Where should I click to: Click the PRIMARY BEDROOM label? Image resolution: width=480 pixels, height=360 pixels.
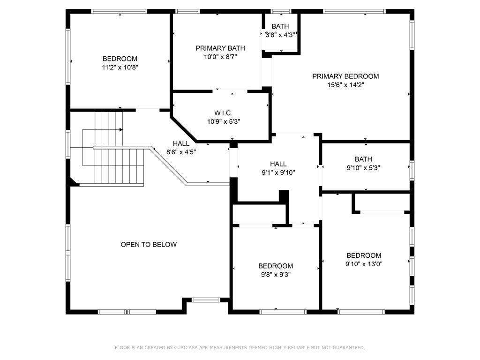(345, 76)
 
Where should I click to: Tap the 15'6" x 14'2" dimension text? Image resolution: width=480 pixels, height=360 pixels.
(345, 85)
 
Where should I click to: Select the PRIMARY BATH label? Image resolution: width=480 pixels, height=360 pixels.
(220, 48)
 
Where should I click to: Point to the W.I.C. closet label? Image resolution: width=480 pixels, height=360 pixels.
(223, 113)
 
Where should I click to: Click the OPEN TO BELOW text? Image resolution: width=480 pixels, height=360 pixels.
(149, 244)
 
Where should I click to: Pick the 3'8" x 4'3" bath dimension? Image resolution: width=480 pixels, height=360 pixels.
(280, 35)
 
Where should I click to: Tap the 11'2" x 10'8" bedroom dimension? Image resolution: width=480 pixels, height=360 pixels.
(120, 67)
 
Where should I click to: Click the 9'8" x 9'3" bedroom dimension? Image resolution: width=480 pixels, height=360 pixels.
(276, 275)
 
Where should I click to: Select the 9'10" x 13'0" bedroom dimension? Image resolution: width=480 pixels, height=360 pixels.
(364, 264)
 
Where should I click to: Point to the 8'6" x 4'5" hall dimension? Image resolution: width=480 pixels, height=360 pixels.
(181, 152)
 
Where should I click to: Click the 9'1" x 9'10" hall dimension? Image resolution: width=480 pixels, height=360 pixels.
(278, 172)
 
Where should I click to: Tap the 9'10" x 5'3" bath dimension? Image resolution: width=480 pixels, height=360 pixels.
(363, 168)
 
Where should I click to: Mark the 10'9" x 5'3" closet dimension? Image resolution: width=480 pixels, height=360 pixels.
(224, 121)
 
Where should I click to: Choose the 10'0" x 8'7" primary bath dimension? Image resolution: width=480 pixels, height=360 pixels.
(220, 57)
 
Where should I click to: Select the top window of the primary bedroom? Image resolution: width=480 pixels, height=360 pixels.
(354, 12)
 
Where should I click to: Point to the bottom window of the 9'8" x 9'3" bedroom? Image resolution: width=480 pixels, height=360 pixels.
(283, 312)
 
